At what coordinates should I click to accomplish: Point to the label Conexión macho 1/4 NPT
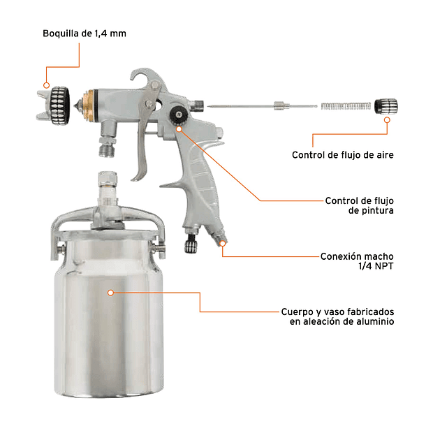coord(355,260)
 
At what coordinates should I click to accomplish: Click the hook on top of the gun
coord(144,77)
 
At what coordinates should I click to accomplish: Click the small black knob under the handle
coord(191,244)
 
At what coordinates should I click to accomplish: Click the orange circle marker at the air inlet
coord(223,243)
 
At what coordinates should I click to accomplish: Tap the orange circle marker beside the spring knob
coord(388,120)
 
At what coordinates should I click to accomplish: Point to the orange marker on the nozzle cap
coord(46,85)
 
